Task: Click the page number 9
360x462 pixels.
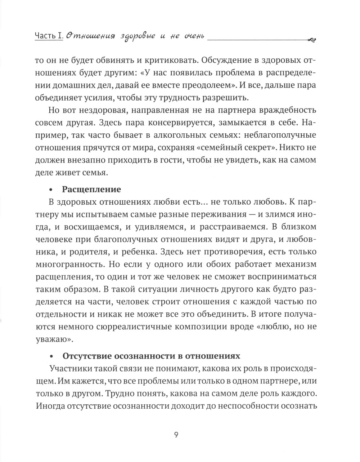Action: pyautogui.click(x=176, y=435)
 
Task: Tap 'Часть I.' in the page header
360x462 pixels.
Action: pyautogui.click(x=49, y=36)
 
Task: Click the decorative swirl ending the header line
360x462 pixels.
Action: pyautogui.click(x=312, y=40)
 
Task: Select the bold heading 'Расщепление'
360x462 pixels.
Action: pyautogui.click(x=91, y=189)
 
